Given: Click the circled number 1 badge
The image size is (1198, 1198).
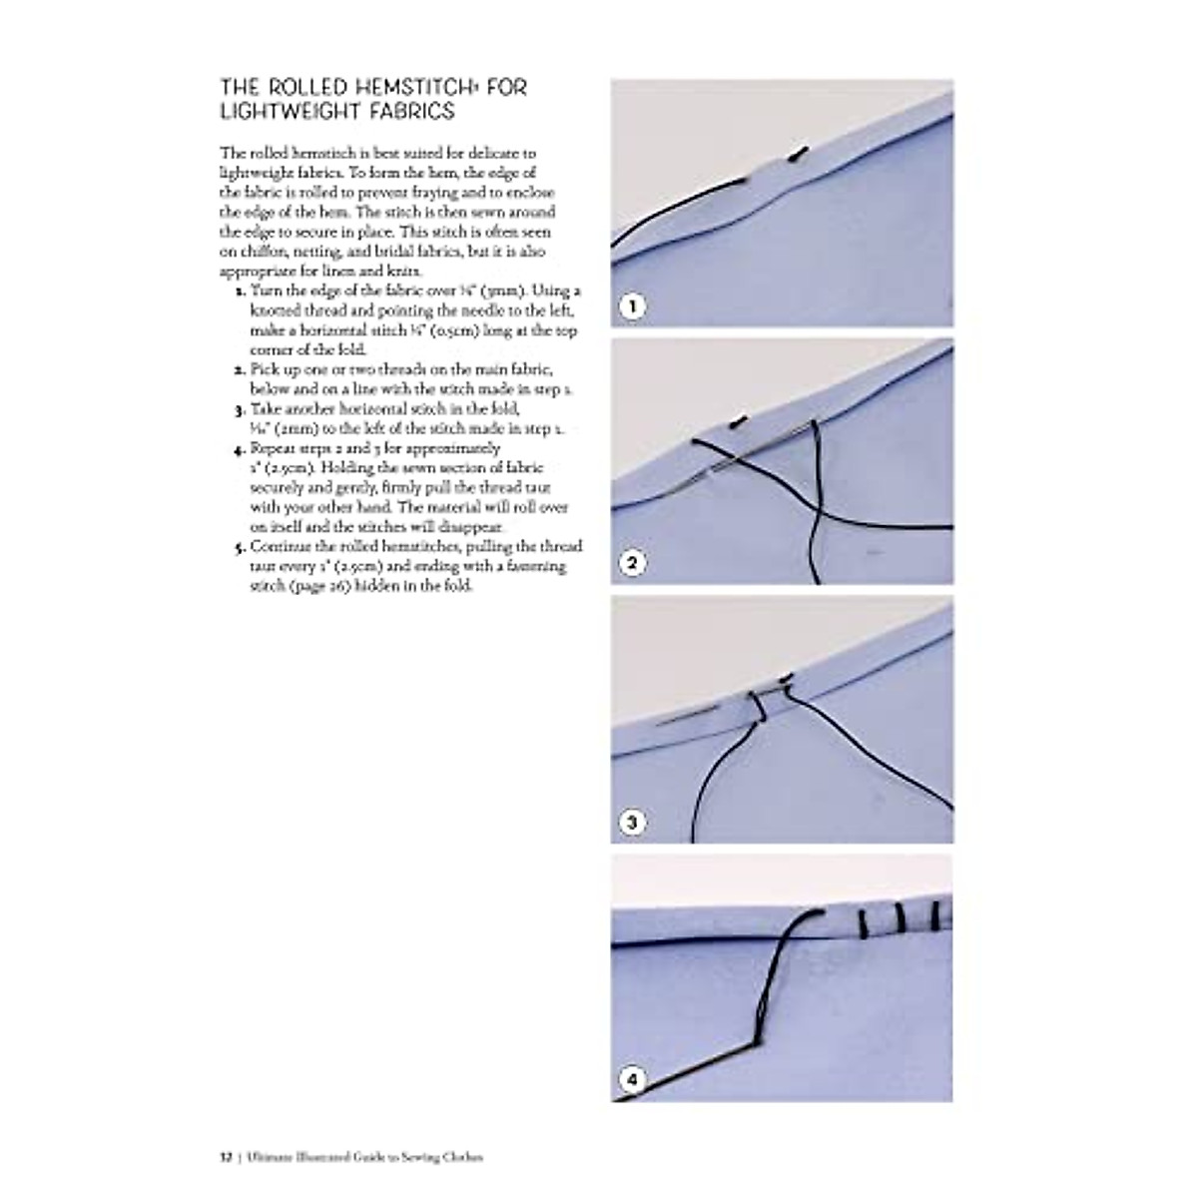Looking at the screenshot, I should point(631,306).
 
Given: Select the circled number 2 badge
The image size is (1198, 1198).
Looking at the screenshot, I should point(631,564).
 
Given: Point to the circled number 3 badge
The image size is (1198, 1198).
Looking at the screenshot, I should point(631,824).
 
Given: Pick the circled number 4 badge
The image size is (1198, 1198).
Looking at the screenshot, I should point(631,1080).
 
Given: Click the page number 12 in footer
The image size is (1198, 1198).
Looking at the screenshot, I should point(225,1157).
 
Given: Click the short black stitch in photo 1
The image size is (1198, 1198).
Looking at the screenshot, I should point(797,154).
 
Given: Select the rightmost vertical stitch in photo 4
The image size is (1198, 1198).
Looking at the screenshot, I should point(935,914).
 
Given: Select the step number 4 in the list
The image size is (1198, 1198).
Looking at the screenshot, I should point(240,449).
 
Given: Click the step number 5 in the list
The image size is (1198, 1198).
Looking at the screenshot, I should point(240,547).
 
